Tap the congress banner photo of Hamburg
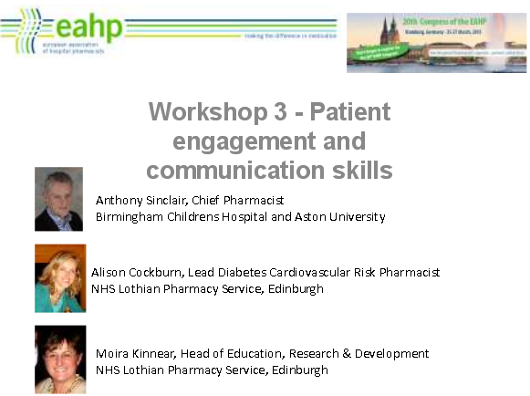coord(436,42)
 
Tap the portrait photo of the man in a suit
coord(58,199)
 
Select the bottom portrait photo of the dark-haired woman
coord(60,359)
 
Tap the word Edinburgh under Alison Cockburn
coord(295,289)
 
